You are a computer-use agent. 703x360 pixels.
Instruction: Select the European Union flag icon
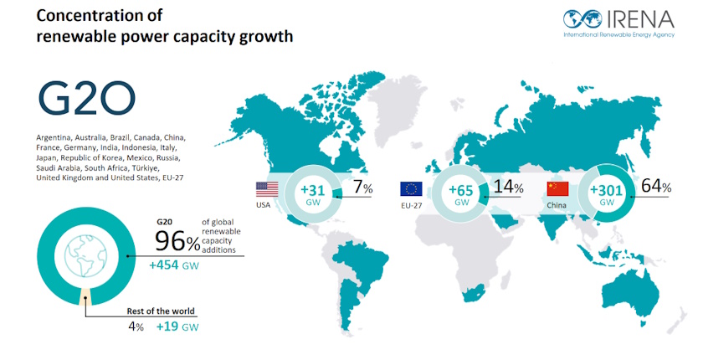pyautogui.click(x=411, y=188)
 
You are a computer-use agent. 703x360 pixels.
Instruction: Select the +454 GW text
pyautogui.click(x=174, y=265)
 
